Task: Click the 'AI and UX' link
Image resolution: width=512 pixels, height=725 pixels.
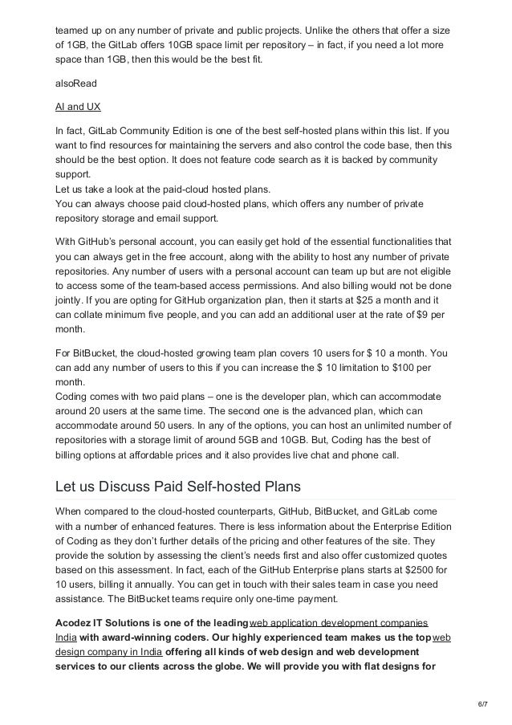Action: pyautogui.click(x=76, y=106)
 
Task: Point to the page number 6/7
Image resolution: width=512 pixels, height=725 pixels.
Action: pyautogui.click(x=481, y=705)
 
